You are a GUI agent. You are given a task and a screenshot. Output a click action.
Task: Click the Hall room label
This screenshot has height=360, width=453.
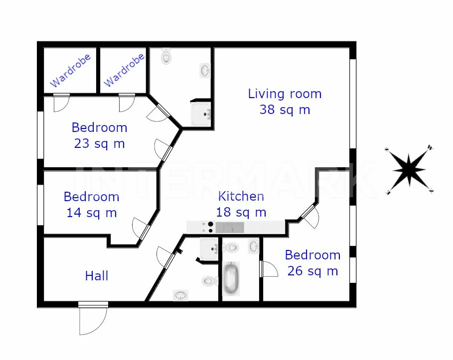97,276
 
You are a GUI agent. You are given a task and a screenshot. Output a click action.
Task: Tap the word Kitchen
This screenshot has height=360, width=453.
241,196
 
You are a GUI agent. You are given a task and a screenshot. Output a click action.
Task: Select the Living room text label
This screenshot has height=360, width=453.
285,94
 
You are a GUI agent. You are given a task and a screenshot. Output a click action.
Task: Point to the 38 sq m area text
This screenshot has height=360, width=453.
285,110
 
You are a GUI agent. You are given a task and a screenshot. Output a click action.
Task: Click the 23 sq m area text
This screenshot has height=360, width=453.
99,143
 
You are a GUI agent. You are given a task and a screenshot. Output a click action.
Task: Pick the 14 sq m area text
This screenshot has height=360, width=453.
92,213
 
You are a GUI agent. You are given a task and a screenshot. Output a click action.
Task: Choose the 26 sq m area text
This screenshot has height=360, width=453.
312,271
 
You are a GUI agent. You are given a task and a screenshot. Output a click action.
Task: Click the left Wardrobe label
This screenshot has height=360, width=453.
70,70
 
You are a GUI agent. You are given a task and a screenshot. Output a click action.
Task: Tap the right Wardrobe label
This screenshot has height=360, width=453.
124,70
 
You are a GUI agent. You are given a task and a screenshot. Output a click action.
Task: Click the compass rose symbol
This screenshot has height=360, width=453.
409,170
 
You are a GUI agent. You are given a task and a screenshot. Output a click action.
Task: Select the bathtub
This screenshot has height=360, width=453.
231,279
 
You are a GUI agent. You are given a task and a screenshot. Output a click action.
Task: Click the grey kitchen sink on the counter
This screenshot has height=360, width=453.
230,228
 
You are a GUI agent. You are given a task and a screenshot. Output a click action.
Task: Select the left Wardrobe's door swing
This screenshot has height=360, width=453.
61,103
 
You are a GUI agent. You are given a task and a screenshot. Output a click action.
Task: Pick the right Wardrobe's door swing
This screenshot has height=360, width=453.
127,103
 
